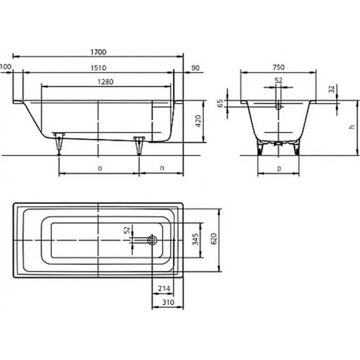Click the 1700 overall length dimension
(98, 52)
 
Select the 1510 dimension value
(98, 68)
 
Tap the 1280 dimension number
(105, 82)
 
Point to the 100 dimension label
(5, 67)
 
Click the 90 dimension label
(196, 68)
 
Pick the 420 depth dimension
(198, 121)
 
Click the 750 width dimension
(279, 67)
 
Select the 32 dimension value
(332, 88)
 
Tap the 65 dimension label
(221, 103)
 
